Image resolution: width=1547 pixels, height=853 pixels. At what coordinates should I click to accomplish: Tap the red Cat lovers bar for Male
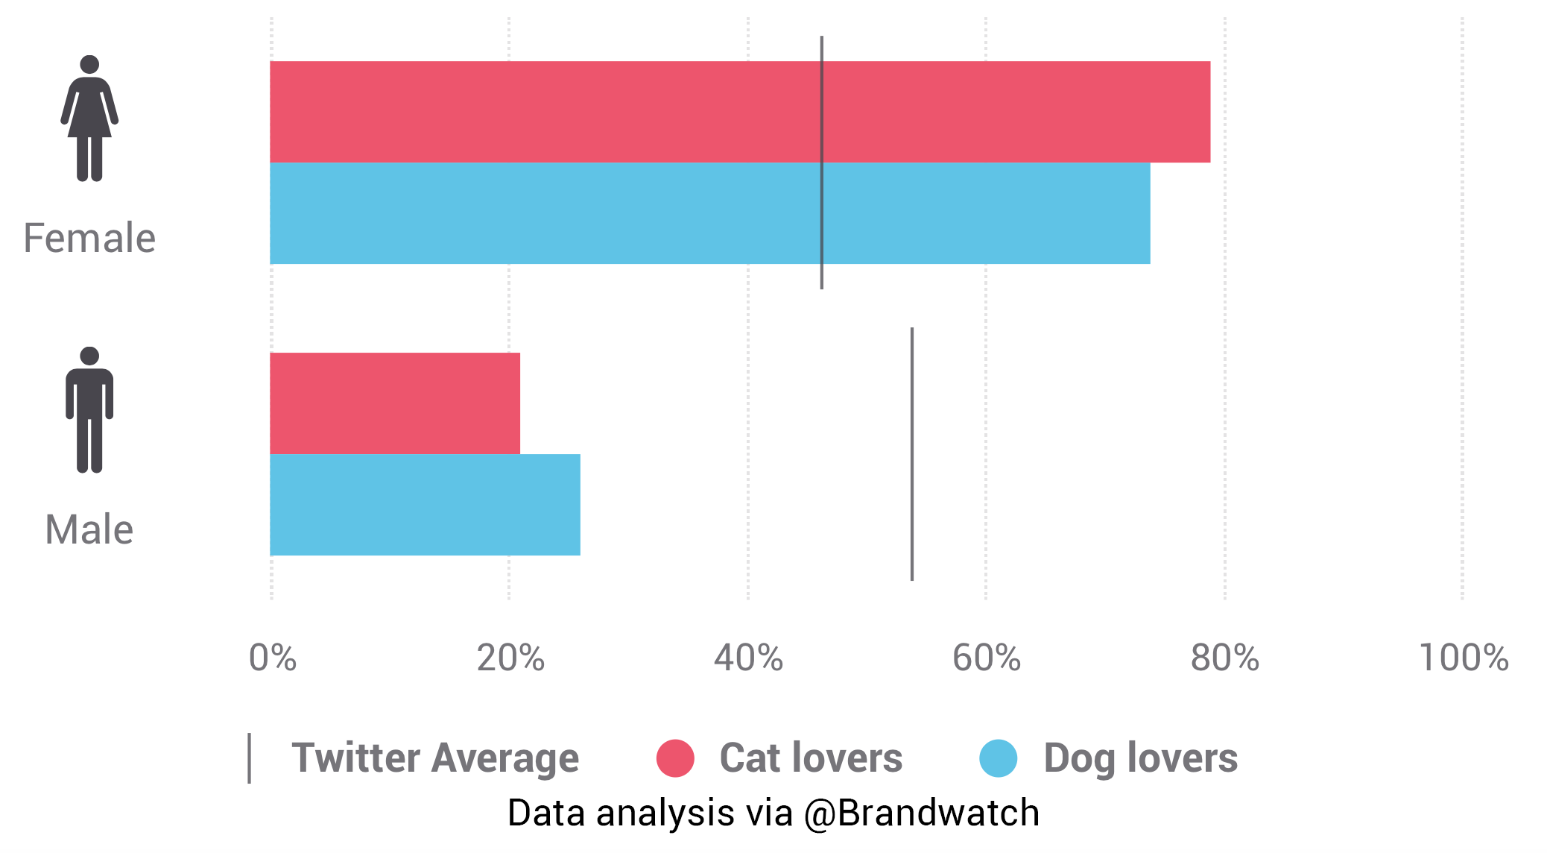coord(395,403)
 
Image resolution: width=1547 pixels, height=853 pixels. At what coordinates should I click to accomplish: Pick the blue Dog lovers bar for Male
coord(425,505)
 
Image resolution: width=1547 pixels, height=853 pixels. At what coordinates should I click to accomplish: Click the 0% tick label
coord(273,658)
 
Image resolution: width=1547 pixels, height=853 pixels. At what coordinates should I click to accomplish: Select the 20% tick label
coord(510,658)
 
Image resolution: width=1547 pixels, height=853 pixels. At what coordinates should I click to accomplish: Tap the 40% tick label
coord(748,658)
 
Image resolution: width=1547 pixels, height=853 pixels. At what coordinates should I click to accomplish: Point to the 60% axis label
coord(987,658)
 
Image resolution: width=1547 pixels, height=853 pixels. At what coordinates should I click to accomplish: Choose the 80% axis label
coord(1224,658)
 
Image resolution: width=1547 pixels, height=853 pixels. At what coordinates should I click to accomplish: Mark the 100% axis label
coord(1464,658)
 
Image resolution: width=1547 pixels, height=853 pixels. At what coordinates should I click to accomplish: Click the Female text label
coord(89,239)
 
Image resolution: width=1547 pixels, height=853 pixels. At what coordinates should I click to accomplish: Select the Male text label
coord(89,530)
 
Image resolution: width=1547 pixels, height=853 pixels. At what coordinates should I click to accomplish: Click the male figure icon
coord(89,409)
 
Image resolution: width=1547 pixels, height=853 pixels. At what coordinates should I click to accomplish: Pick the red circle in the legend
coord(675,758)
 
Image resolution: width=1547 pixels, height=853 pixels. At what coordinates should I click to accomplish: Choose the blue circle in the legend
coord(999,758)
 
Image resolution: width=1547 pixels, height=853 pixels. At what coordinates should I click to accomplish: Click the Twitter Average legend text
coord(435,758)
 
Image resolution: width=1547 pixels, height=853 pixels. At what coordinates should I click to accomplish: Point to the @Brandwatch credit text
coord(921,813)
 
